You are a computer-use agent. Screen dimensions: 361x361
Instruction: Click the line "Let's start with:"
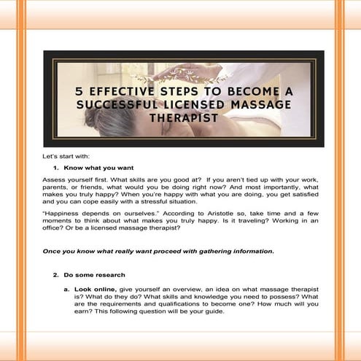click(63, 157)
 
